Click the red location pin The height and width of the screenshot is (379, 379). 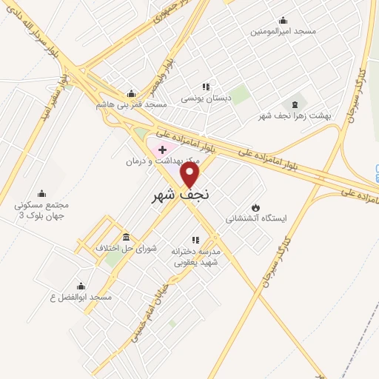click(190, 175)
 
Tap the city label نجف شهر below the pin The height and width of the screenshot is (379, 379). click(180, 196)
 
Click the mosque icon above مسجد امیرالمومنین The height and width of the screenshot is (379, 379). click(282, 20)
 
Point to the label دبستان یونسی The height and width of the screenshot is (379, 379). click(207, 98)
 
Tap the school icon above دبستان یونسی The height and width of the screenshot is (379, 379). click(207, 87)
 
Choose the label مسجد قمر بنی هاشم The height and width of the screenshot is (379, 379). click(132, 104)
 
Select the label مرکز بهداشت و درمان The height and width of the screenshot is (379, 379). click(152, 160)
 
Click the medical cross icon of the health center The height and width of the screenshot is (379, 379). click(163, 150)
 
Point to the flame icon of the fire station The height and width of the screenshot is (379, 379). click(255, 207)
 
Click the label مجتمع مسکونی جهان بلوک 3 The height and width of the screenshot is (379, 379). click(41, 209)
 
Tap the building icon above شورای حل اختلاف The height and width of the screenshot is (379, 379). click(126, 237)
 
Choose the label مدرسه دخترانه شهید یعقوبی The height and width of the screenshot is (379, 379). click(196, 256)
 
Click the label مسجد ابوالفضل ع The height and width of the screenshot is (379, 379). click(81, 297)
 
